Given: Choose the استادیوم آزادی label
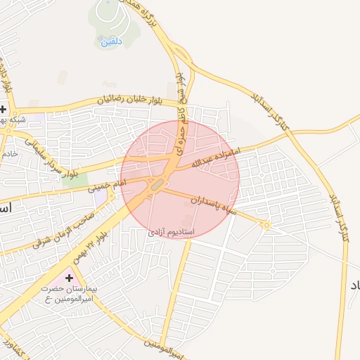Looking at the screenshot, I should pyautogui.click(x=171, y=231).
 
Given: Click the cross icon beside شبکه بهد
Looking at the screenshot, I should pyautogui.click(x=4, y=110).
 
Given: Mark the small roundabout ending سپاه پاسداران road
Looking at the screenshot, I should pyautogui.click(x=266, y=225).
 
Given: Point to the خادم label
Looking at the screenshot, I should pyautogui.click(x=8, y=153).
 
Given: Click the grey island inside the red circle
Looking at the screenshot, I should pyautogui.click(x=158, y=184).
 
